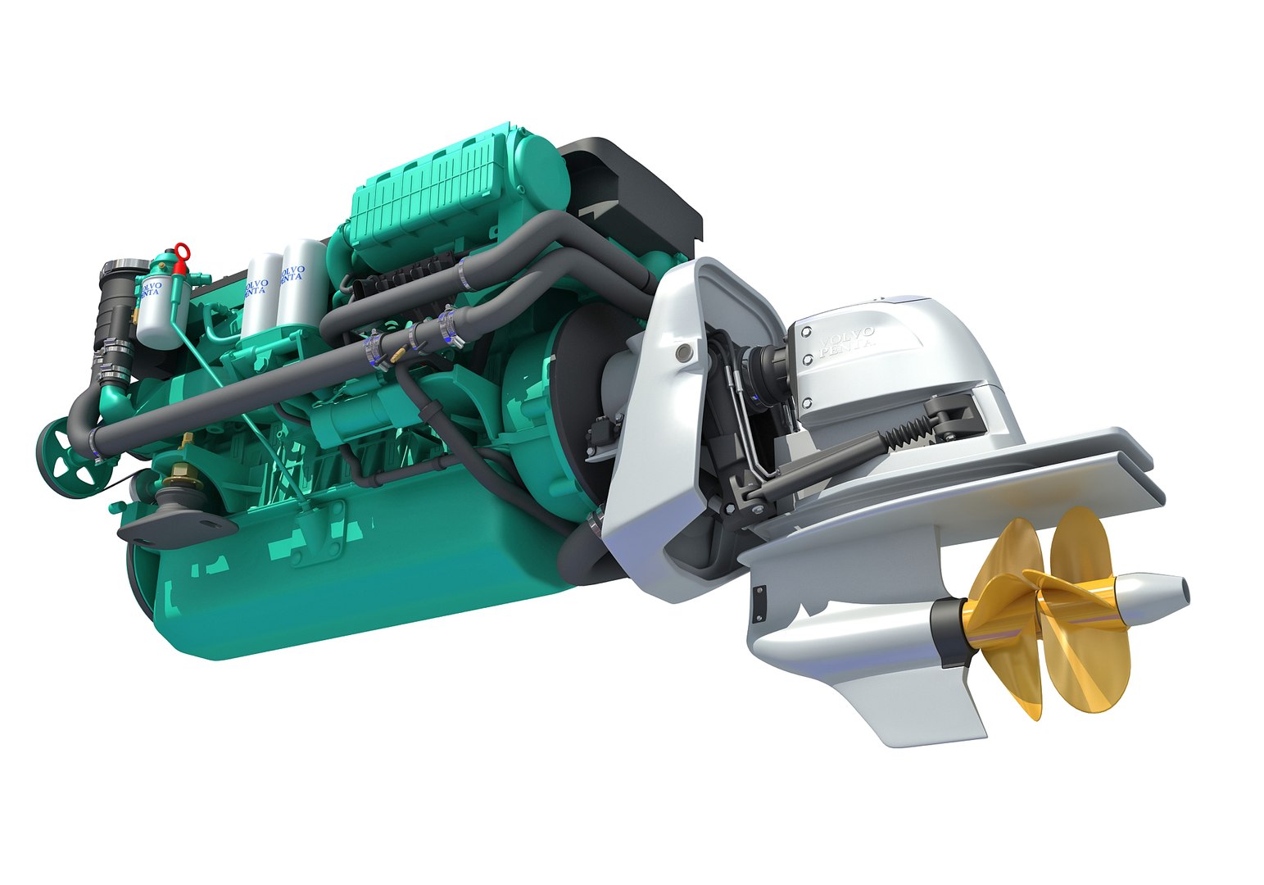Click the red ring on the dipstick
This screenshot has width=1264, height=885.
181,250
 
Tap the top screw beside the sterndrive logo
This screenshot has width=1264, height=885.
807,332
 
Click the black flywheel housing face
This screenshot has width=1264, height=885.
573,393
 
